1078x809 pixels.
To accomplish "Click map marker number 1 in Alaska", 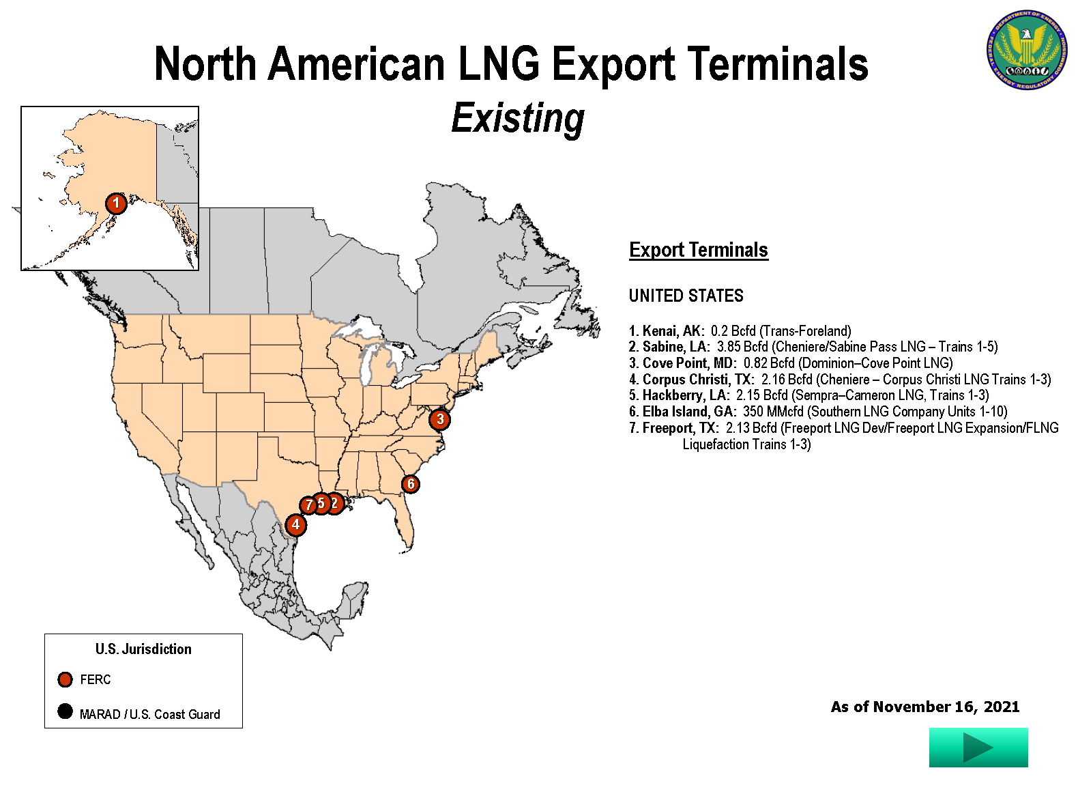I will (x=116, y=203).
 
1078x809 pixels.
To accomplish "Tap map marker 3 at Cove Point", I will (x=440, y=419).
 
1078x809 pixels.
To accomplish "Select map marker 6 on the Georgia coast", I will (x=410, y=484).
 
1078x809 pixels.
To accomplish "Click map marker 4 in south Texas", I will (x=295, y=525).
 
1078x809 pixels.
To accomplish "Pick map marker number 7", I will (x=308, y=505).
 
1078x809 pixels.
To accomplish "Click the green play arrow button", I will (x=978, y=748).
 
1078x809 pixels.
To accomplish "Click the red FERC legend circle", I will (x=65, y=679).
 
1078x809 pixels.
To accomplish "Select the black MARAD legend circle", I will (x=65, y=711).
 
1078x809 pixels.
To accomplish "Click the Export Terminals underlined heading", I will (x=698, y=250).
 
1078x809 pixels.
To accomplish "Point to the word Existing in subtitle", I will (x=518, y=118).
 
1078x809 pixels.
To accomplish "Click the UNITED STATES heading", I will (x=686, y=296).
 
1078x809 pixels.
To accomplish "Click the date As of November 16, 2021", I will (x=924, y=707).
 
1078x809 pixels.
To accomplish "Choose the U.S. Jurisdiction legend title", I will (x=143, y=649).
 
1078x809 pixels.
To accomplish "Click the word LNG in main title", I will (x=498, y=64).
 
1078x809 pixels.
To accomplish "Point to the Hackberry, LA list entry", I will (x=685, y=395).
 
